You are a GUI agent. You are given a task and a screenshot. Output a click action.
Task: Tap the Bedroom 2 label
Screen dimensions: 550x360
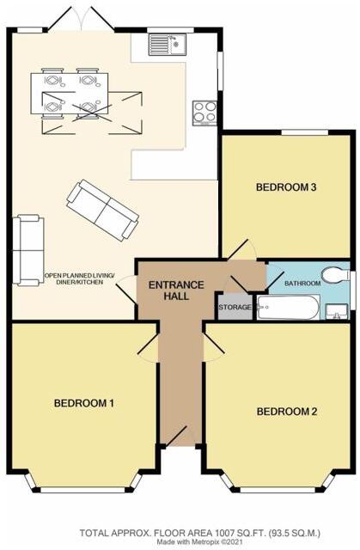(287, 412)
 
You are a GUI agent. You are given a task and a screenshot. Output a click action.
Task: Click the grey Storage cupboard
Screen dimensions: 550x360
(235, 307)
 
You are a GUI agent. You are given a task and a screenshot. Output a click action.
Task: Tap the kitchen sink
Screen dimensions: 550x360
(167, 44)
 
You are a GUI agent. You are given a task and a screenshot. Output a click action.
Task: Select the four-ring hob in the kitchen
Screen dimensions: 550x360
(204, 112)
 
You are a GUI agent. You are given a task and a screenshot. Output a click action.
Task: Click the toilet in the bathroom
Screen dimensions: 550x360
(333, 274)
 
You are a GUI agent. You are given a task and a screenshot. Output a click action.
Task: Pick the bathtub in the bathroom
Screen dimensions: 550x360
(289, 308)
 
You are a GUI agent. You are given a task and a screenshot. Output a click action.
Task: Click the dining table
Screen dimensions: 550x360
(70, 93)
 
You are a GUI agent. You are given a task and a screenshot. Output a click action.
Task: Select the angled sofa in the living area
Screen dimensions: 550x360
(103, 209)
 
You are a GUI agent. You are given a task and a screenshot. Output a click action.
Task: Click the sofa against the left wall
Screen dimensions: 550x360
(27, 250)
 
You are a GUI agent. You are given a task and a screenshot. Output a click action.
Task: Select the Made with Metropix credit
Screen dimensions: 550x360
(205, 542)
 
